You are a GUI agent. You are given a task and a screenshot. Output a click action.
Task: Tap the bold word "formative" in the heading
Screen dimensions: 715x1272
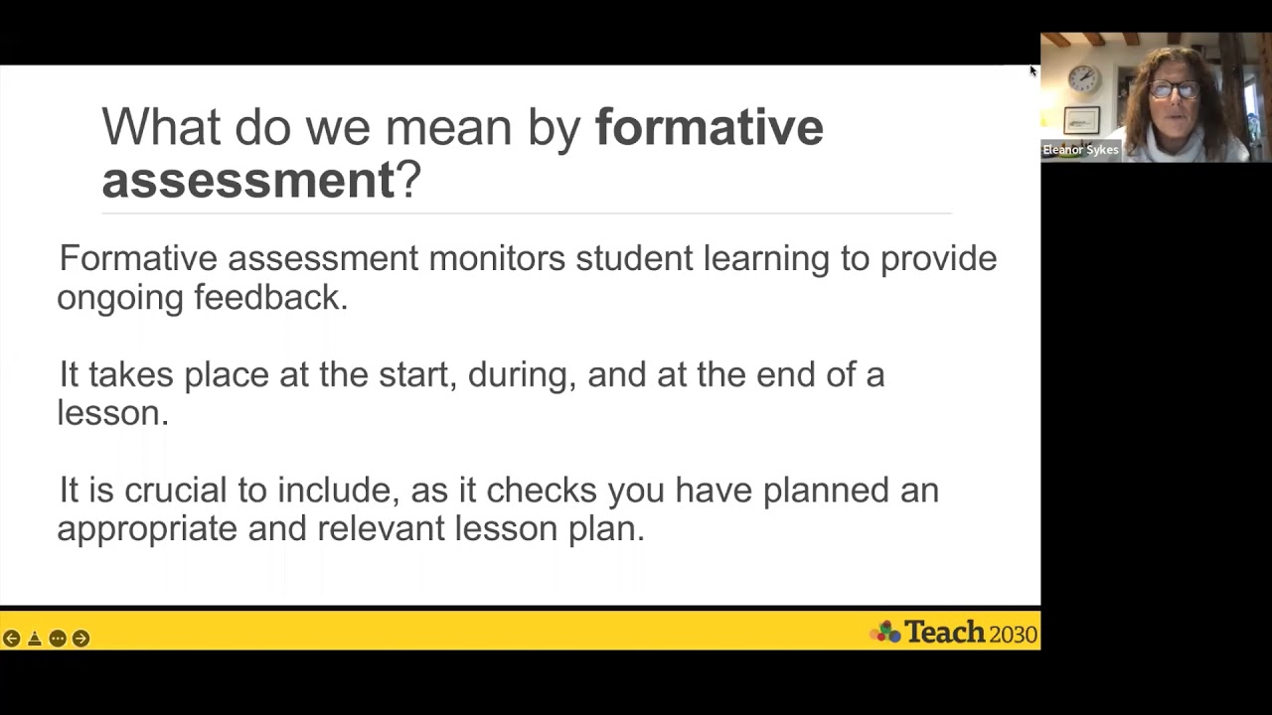(709, 128)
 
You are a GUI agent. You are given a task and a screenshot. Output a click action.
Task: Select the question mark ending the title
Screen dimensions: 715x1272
(409, 181)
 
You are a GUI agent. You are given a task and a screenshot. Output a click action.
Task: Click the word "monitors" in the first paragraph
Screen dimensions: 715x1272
(497, 258)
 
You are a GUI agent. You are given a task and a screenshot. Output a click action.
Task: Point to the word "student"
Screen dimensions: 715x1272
(634, 258)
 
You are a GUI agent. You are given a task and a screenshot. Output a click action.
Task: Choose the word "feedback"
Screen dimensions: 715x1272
(270, 297)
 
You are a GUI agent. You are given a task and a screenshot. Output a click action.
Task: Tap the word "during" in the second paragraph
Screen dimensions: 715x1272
(520, 375)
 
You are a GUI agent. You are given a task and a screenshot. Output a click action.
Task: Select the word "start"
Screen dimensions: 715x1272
(413, 374)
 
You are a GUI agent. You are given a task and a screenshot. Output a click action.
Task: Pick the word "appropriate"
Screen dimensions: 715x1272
(147, 528)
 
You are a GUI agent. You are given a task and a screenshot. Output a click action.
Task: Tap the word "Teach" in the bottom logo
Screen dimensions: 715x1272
(943, 633)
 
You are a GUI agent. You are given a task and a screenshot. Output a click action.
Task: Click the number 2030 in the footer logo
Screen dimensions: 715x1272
(1013, 634)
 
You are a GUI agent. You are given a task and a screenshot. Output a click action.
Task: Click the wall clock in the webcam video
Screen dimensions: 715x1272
(1083, 78)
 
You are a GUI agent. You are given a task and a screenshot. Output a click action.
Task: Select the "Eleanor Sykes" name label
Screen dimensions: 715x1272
(1080, 150)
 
